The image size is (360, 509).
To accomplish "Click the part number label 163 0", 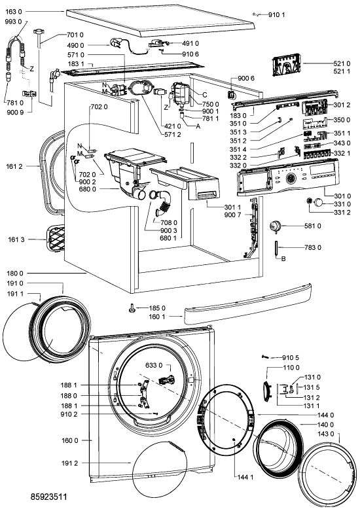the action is click(14, 12).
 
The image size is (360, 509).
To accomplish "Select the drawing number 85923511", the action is click(49, 497).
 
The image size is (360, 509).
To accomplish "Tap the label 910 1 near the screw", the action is click(276, 14).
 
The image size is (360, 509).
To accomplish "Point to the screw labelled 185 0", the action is click(132, 308).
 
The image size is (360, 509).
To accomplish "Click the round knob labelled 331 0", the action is click(319, 203).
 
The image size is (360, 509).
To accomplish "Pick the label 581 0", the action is click(313, 226).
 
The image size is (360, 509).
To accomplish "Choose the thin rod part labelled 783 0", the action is click(276, 249).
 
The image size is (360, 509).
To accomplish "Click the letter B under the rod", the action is click(283, 259).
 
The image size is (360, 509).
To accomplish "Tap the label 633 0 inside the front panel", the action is click(154, 366).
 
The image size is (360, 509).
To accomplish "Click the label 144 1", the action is click(245, 476).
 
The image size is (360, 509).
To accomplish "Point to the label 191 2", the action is click(69, 463).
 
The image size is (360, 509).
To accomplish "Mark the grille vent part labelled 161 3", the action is click(56, 239).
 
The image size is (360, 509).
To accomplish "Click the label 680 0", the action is click(88, 189).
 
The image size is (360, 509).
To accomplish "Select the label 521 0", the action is click(342, 63).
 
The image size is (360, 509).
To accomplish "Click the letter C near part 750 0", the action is click(205, 95).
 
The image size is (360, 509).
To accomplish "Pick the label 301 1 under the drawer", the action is click(232, 207).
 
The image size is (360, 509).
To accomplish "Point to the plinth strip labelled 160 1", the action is click(247, 304).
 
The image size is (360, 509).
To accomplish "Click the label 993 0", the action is click(14, 22).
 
